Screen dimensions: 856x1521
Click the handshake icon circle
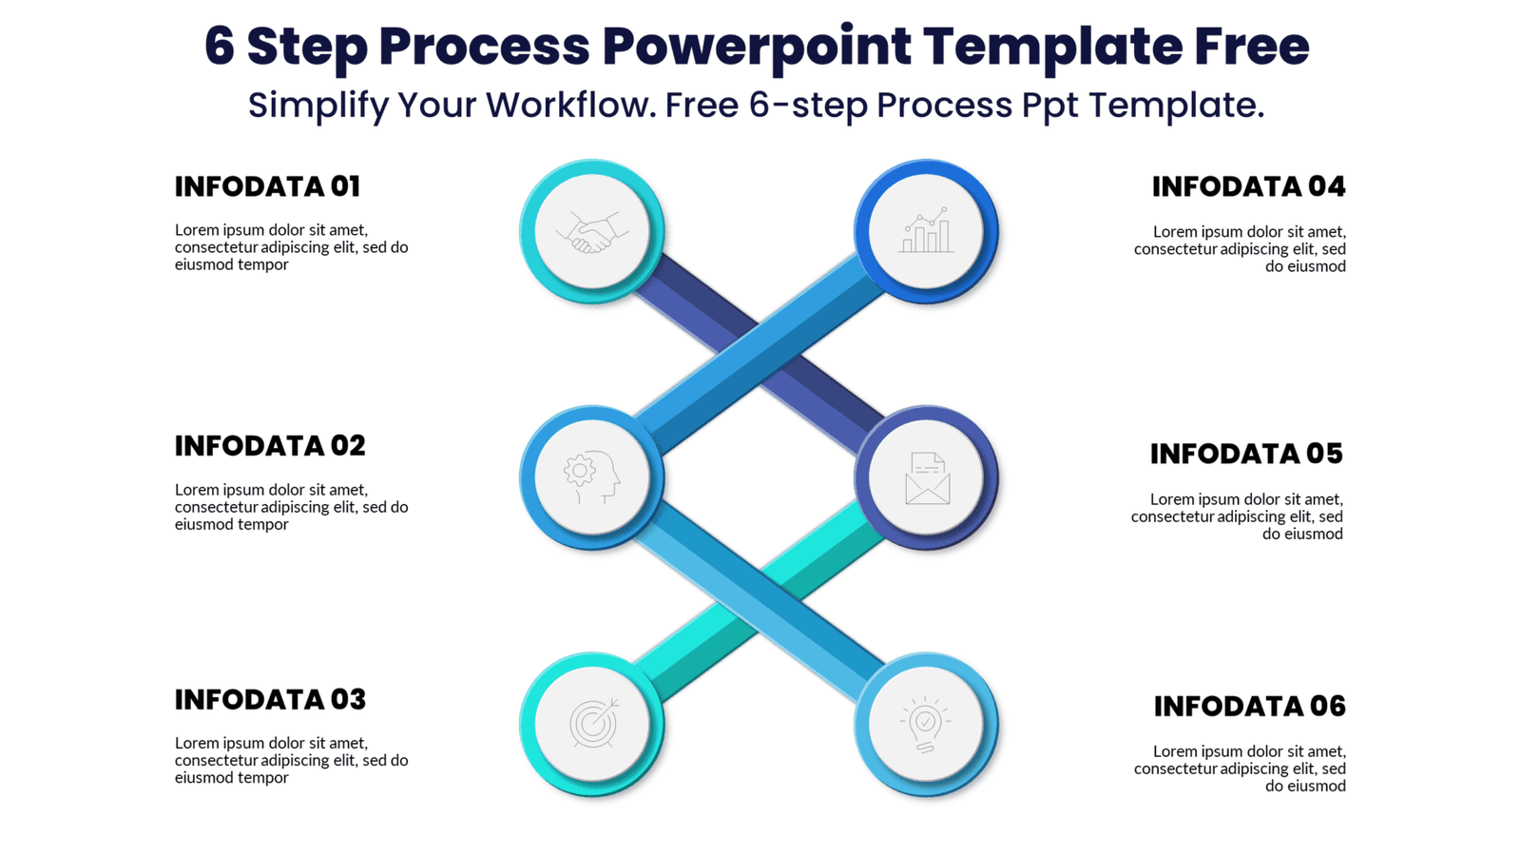point(591,231)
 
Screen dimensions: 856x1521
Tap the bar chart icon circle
point(926,231)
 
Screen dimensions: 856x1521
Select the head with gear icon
point(591,477)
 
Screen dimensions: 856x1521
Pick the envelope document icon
point(926,477)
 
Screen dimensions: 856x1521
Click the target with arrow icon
point(591,724)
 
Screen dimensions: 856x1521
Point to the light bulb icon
point(926,724)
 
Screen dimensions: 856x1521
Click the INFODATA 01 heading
point(267,186)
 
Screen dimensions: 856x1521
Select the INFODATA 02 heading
point(270,445)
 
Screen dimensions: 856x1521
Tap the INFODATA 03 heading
point(270,699)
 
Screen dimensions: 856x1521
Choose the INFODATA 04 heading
point(1248,186)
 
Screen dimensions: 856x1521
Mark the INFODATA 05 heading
point(1246,454)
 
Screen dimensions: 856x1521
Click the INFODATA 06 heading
point(1249,706)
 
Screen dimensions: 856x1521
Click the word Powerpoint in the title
point(756,46)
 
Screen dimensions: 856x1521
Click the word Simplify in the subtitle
point(318,105)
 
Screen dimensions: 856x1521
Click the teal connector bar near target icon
point(703,637)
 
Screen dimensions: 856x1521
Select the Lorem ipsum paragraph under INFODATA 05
point(1237,516)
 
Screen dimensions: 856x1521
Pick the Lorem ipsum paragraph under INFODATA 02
point(291,506)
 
